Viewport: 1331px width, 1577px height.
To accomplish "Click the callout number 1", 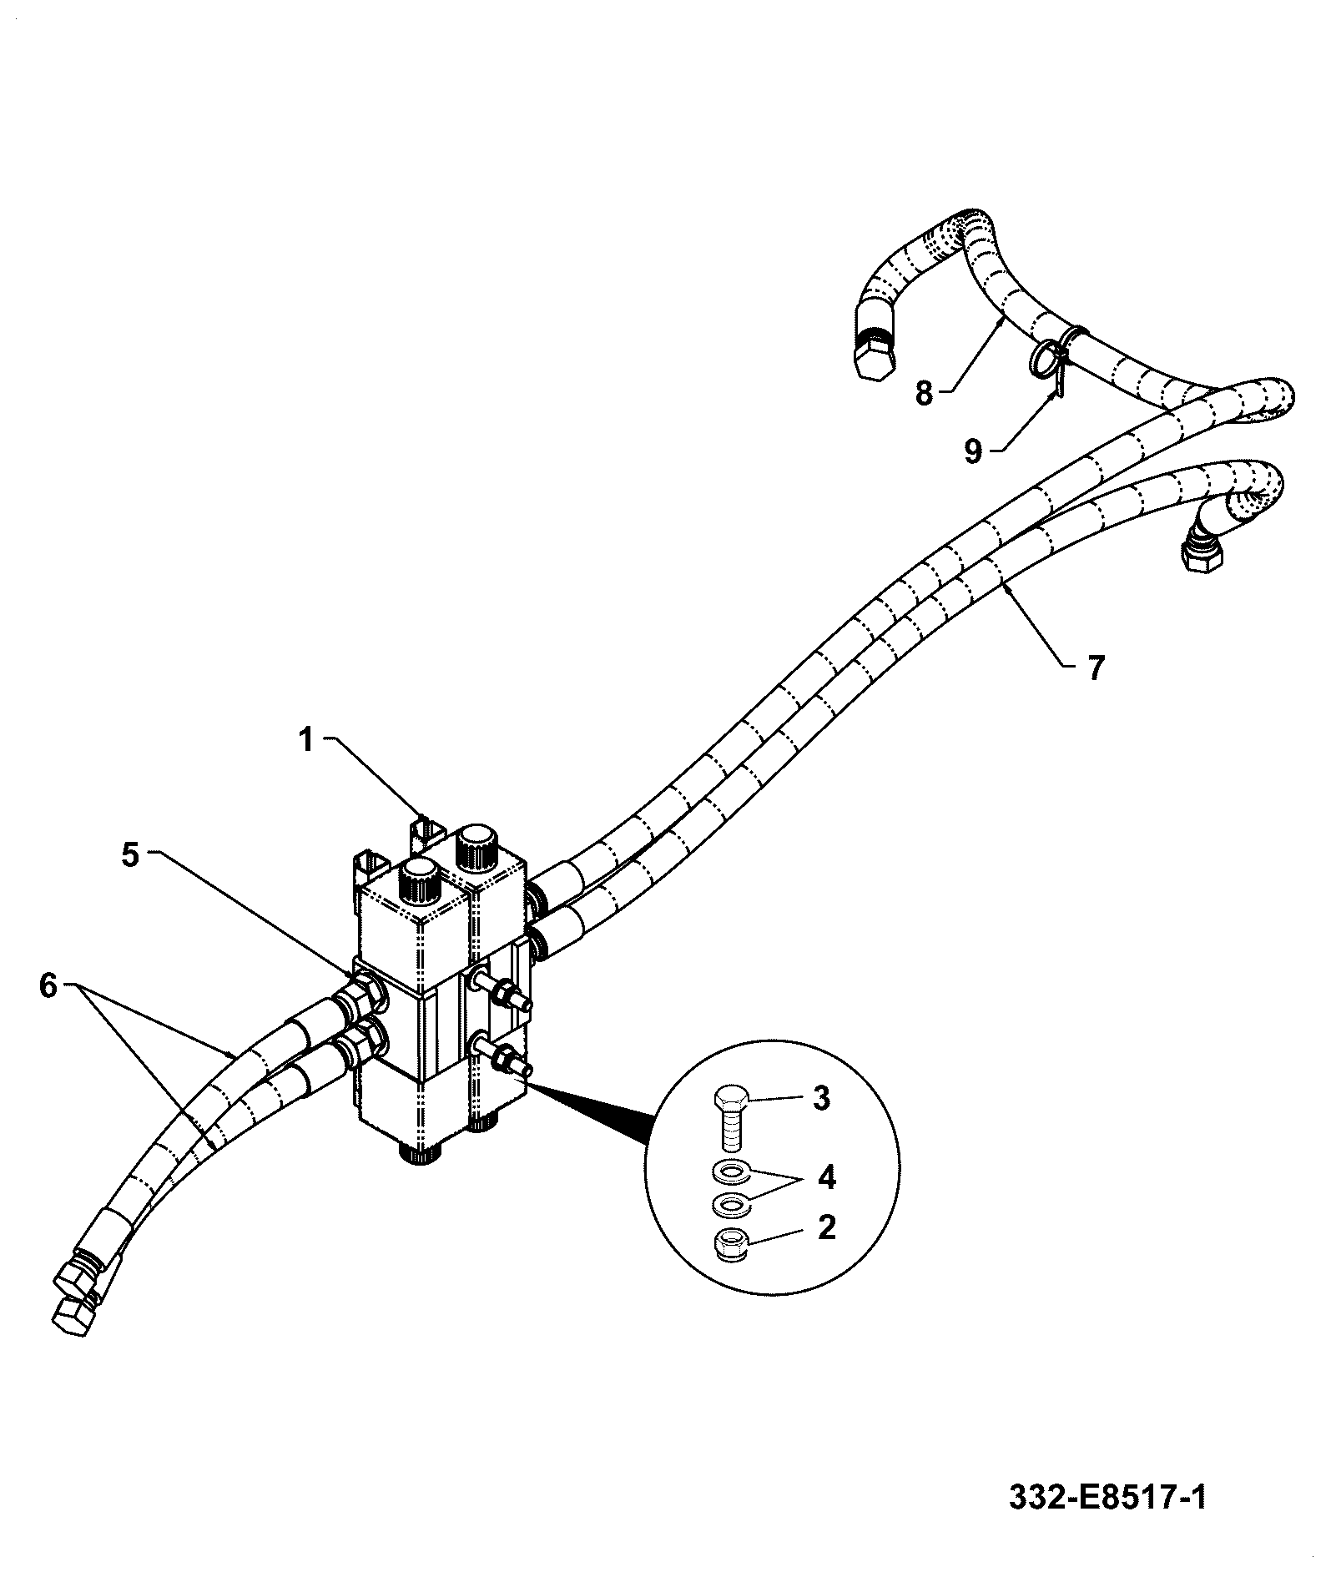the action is [x=306, y=739].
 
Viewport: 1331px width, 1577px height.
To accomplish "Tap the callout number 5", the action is [x=130, y=855].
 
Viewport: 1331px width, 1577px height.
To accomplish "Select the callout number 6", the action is [x=48, y=986].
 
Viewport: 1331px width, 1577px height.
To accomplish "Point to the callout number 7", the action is [x=1096, y=668].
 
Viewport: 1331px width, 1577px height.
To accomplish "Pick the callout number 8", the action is [x=924, y=393].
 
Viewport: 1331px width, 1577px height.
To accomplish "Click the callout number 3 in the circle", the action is [x=822, y=1099].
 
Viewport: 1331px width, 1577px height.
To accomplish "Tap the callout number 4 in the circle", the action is [x=826, y=1177].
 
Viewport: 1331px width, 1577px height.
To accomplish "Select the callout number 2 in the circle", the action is [x=826, y=1227].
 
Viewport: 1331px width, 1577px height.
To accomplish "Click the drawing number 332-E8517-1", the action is [x=1108, y=1497].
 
